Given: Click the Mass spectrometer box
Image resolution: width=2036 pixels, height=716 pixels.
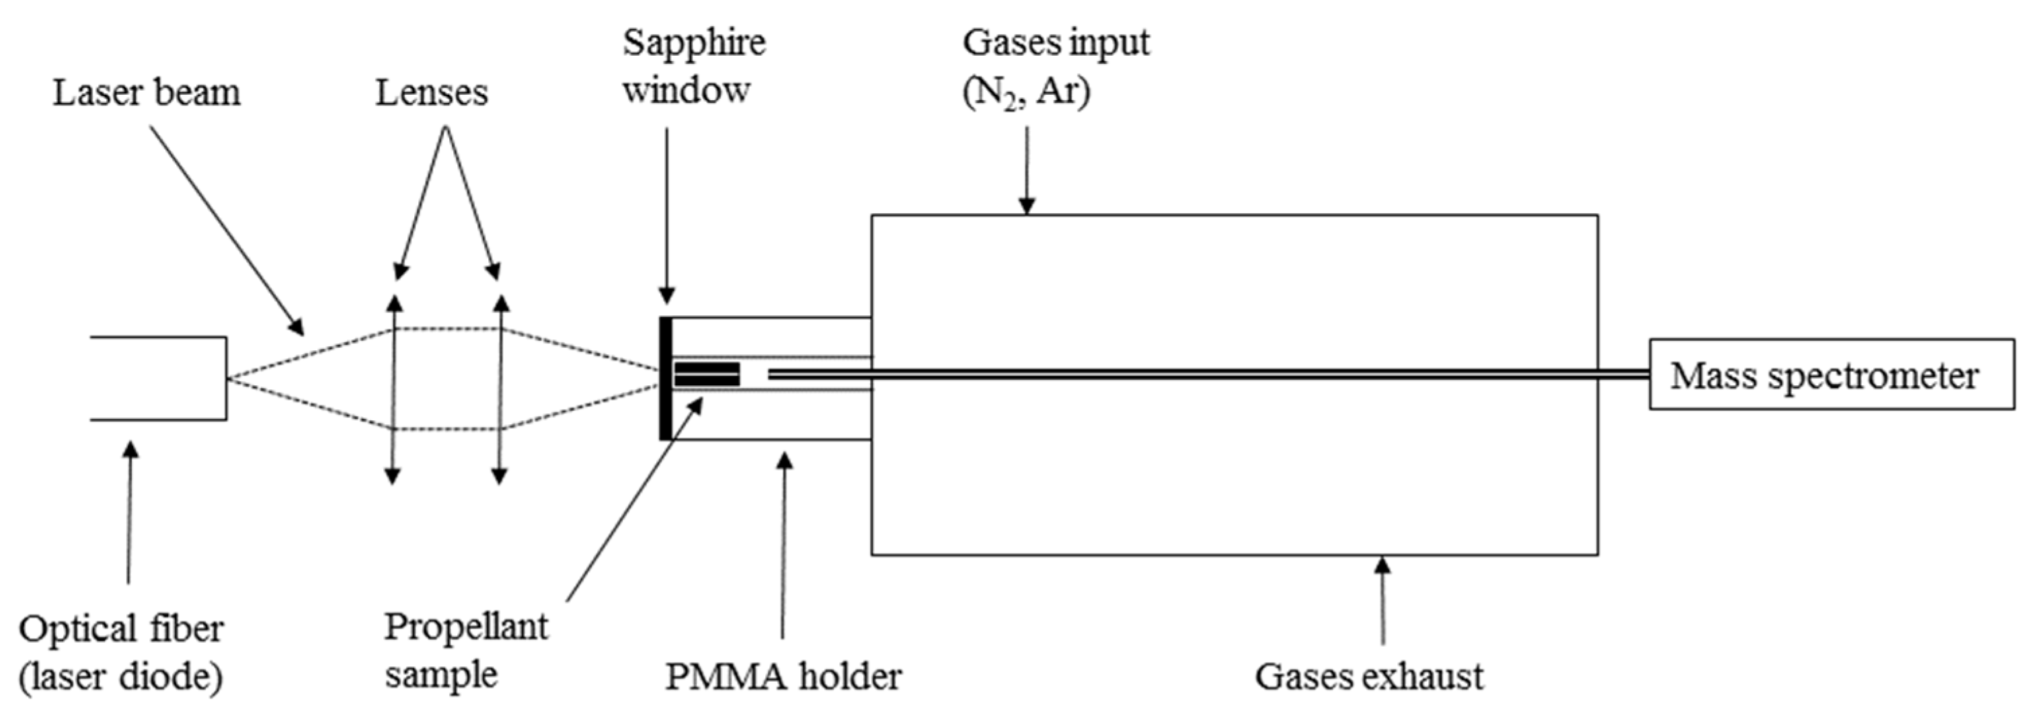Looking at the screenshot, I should tap(1830, 374).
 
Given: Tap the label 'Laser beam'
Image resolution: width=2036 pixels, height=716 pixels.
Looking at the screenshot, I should tap(146, 93).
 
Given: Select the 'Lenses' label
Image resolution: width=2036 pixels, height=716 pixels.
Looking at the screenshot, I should tap(432, 93).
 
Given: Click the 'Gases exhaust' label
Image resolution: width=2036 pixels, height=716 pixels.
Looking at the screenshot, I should tap(1369, 676).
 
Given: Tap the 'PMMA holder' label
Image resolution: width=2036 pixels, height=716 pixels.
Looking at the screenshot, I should tap(783, 676).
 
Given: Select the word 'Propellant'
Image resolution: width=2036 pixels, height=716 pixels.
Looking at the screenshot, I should tap(465, 627).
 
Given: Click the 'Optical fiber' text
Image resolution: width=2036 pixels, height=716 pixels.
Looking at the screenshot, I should tap(121, 629).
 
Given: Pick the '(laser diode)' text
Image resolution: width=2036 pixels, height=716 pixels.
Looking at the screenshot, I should tap(121, 677).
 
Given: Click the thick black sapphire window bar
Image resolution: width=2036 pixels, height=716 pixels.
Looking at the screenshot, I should tap(666, 378).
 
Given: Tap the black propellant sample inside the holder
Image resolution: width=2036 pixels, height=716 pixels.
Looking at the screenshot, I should tap(707, 374).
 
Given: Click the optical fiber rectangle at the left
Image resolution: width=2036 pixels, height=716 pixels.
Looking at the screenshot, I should tap(158, 378).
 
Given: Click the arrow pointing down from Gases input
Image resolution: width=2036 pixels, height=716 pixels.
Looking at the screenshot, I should tap(1027, 170).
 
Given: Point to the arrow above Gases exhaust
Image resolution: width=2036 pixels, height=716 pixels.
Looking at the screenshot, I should tap(1382, 600).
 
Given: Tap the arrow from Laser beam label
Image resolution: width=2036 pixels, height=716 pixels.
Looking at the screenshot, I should tap(225, 229).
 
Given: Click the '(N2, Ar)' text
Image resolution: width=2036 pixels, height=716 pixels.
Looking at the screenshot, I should tap(1025, 93).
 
